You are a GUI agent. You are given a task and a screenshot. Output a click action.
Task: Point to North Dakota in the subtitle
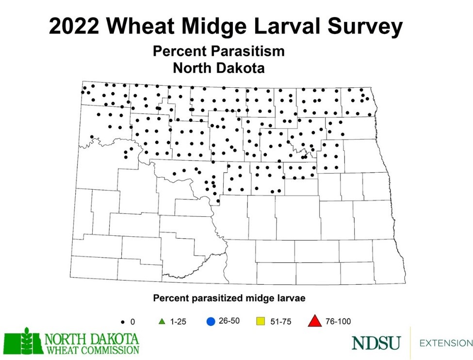point(219,68)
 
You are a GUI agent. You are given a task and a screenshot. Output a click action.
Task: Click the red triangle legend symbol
point(315,321)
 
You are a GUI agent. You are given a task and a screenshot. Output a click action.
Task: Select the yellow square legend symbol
point(260,321)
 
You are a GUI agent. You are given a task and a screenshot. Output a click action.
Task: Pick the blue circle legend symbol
point(210,321)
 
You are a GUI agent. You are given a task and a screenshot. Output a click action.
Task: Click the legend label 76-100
point(338,321)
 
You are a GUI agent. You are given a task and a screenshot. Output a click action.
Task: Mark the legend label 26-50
point(229,321)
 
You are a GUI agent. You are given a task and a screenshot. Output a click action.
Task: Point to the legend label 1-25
point(178,321)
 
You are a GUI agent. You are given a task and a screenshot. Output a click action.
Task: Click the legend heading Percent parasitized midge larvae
point(229,298)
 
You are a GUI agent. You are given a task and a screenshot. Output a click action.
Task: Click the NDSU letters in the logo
point(376,343)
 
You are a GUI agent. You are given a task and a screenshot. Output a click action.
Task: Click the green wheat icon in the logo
point(23,342)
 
